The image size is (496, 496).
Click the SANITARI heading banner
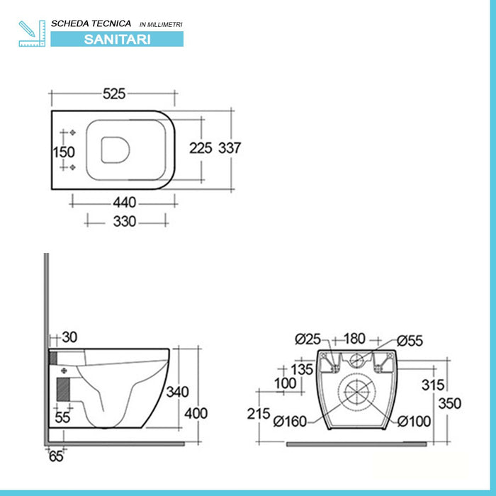117,39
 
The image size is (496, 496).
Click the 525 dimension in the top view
114,94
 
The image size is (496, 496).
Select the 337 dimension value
229,148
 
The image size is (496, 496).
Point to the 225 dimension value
200,148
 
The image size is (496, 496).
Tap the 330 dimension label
125,221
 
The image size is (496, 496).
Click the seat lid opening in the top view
113,150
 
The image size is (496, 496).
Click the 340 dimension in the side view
176,392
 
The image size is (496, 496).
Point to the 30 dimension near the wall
70,337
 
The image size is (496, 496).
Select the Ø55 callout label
410,340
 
